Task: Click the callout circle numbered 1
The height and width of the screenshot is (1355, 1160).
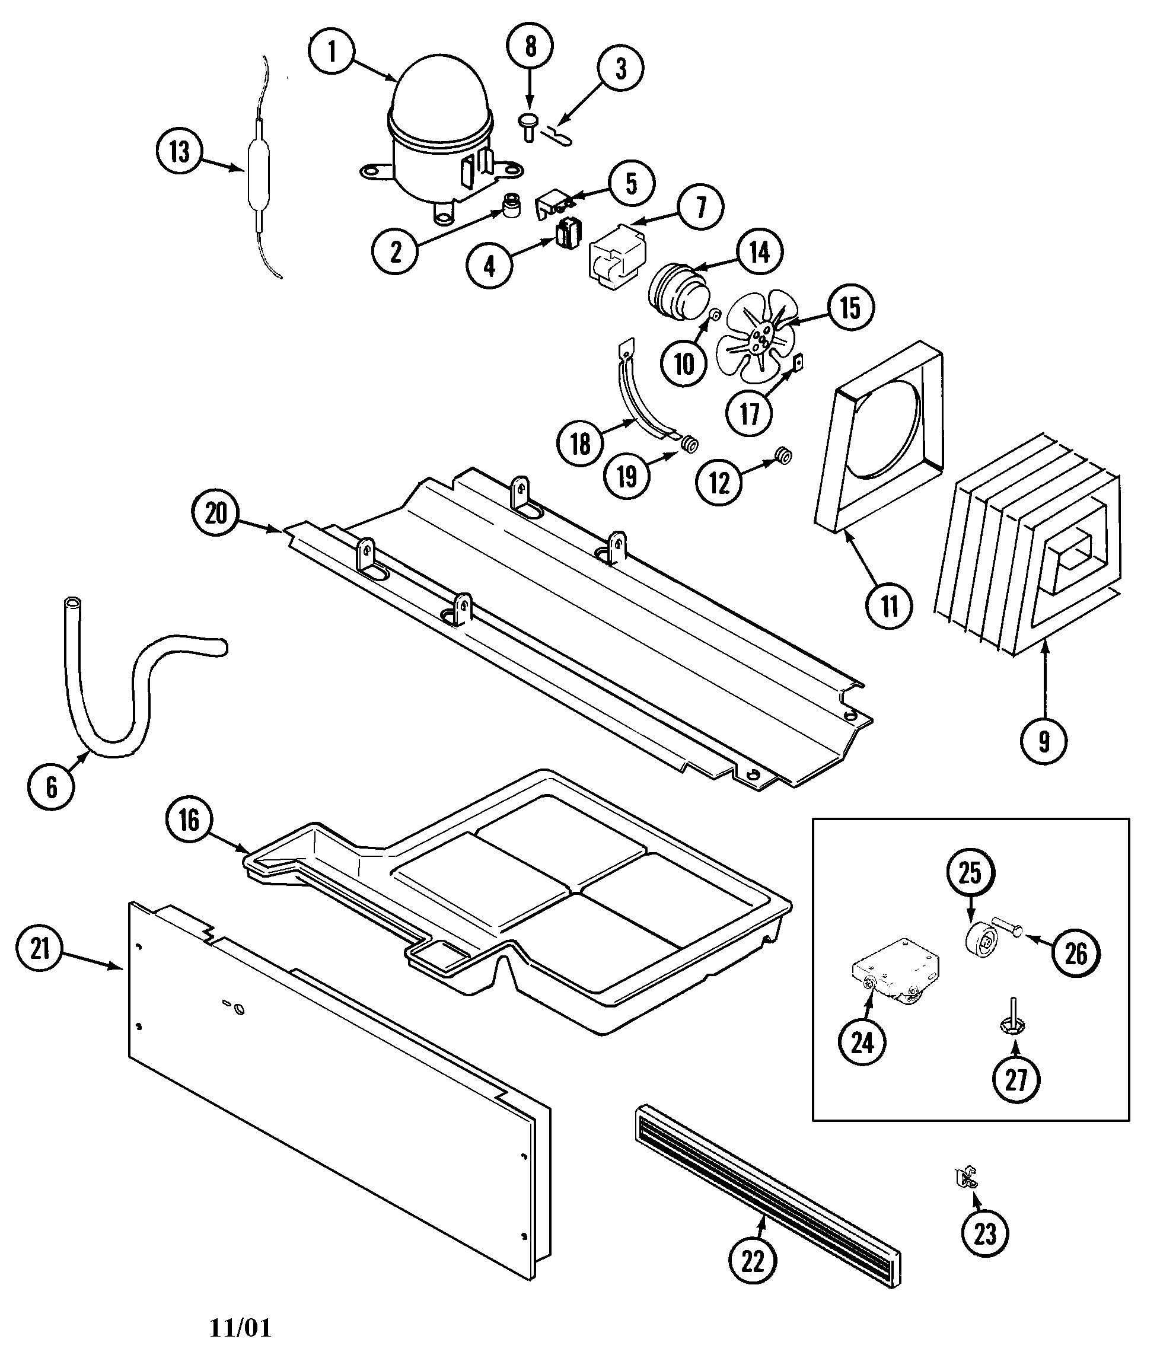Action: (x=332, y=51)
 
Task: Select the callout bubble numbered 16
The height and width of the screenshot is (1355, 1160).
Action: (x=189, y=820)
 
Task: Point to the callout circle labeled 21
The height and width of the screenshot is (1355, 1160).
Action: (x=40, y=948)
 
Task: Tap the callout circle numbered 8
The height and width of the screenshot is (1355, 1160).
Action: (x=530, y=46)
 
